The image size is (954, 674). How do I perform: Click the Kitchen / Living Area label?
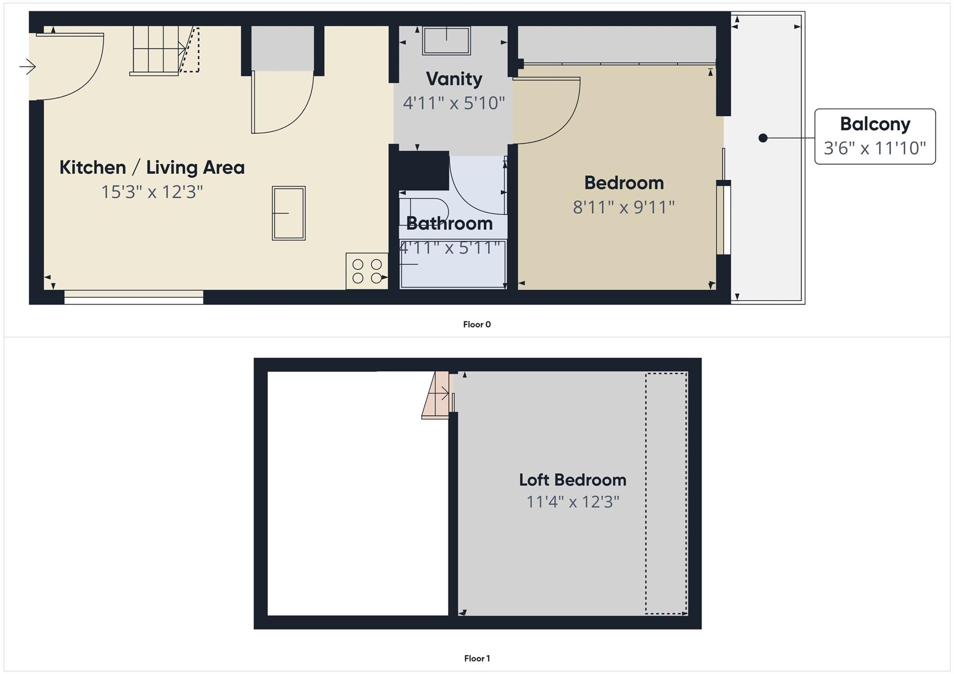152,168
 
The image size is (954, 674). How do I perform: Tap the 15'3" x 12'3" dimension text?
152,192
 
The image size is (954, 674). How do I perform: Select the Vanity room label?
454,79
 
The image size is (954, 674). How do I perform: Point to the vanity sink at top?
446,40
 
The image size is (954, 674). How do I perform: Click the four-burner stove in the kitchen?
367,271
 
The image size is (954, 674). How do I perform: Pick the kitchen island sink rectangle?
289,213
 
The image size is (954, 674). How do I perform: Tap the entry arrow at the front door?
27,67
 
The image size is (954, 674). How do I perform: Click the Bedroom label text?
624,183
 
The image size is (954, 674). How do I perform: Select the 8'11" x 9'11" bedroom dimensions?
624,207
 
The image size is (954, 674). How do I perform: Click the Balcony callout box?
875,136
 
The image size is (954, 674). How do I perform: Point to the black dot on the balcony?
763,138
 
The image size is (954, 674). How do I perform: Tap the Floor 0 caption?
477,324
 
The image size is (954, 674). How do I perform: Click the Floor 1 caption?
477,658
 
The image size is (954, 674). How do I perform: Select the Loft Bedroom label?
572,480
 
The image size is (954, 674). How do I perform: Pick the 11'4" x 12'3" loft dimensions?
572,502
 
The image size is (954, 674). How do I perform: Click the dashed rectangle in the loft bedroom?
666,493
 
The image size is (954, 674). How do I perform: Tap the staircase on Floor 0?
158,50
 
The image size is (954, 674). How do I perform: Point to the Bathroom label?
449,223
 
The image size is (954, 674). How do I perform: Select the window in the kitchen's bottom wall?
134,297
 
